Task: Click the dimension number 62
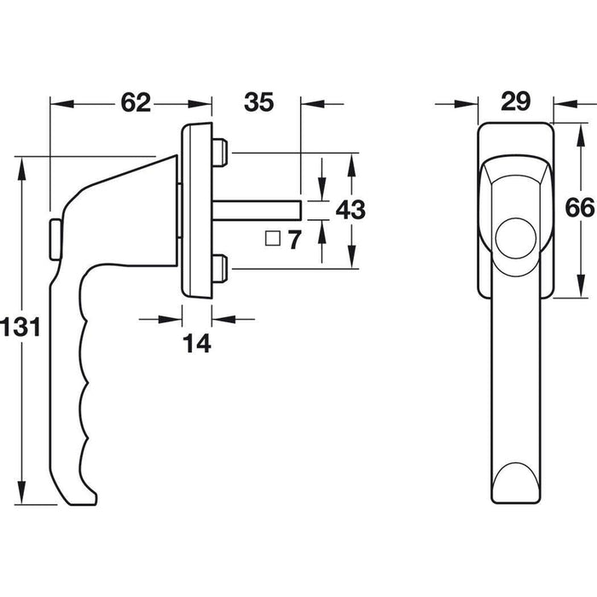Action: click(x=136, y=103)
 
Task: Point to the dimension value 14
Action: click(x=197, y=343)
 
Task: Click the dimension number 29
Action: click(x=516, y=102)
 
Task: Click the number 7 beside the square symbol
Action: click(x=294, y=241)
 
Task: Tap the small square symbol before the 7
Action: click(x=273, y=240)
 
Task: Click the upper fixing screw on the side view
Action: click(x=221, y=153)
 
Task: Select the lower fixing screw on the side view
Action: click(x=221, y=269)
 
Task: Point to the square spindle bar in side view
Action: click(x=257, y=209)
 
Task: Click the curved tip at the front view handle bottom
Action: click(x=516, y=482)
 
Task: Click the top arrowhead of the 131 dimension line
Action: click(x=24, y=164)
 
